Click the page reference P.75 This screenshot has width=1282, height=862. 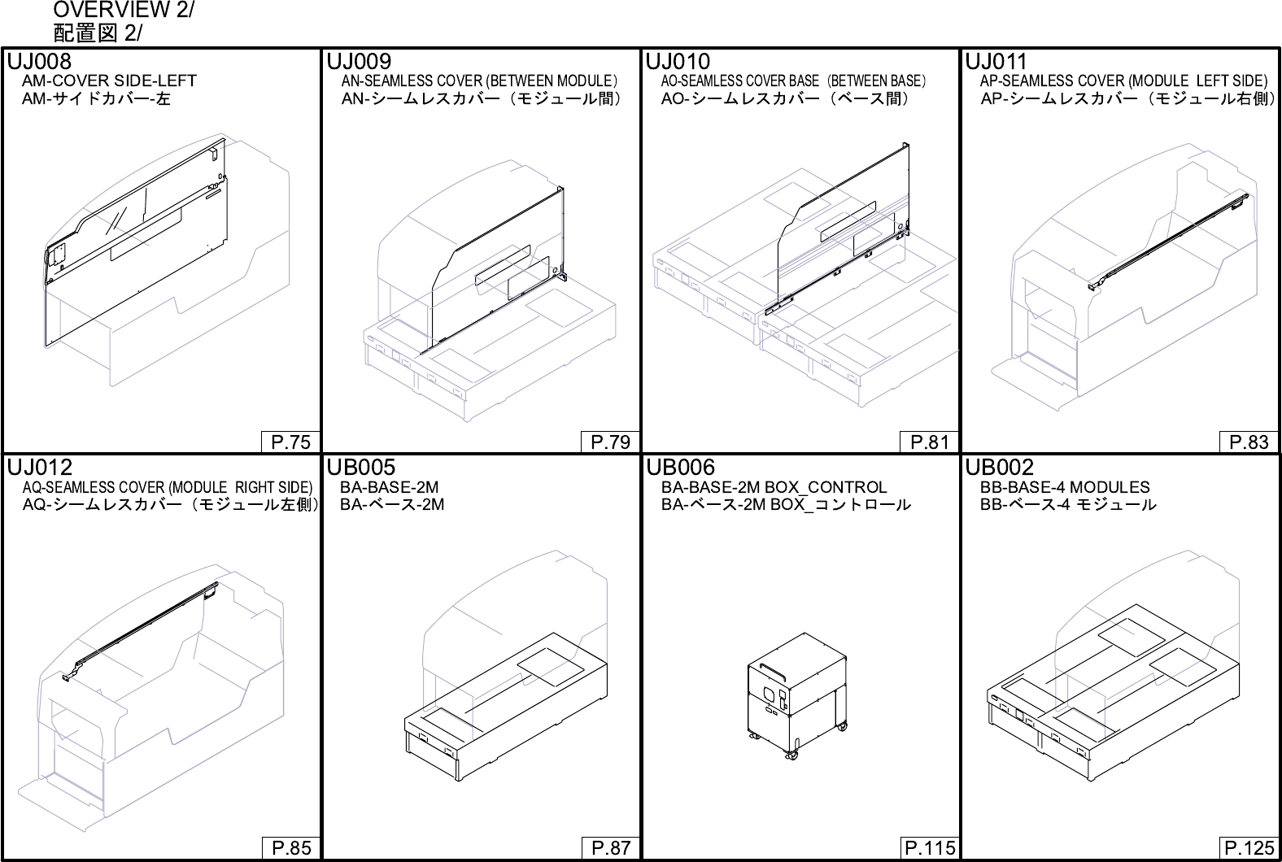(290, 442)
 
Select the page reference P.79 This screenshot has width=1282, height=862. (610, 442)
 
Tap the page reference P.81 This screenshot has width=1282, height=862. (930, 442)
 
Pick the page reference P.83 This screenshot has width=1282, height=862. (1249, 442)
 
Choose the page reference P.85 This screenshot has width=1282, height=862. (290, 848)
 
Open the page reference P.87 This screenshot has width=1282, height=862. (610, 848)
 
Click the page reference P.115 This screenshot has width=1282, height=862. (930, 848)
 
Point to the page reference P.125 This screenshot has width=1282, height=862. (1249, 848)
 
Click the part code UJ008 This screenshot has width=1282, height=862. (39, 62)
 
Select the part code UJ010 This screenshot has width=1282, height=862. (678, 62)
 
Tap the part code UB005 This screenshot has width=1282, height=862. (360, 468)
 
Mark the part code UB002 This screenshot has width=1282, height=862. (999, 468)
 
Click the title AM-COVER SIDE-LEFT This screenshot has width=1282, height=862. (109, 81)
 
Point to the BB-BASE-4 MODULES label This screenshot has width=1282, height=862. (1065, 487)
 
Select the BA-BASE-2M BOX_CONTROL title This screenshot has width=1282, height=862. (774, 487)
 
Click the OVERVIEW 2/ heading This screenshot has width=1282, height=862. (124, 11)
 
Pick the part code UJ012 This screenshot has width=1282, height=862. (39, 468)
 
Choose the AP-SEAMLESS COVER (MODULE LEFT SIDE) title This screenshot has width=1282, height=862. (1123, 81)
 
